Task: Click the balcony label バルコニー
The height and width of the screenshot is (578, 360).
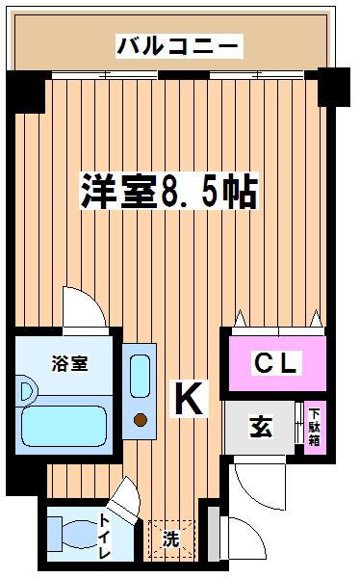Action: pos(179,46)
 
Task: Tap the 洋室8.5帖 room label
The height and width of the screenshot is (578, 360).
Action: pos(169,191)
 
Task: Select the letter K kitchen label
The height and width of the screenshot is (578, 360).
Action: pos(189,399)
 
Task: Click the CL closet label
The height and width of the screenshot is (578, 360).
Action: pos(276,363)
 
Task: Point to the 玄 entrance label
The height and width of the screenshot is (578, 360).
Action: pos(261,427)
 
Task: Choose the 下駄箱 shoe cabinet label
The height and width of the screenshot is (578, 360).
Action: pos(315,427)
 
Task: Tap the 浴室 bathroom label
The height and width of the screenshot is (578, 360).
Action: pos(69,363)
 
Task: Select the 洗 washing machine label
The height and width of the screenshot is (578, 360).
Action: pos(171,539)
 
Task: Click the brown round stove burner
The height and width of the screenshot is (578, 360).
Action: pos(141,419)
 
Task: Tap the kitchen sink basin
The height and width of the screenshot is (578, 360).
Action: pos(140,377)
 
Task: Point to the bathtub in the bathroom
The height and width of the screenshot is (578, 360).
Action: pos(64,426)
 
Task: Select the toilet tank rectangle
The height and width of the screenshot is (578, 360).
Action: pos(55,534)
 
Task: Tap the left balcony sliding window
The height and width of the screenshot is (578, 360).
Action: pos(105,75)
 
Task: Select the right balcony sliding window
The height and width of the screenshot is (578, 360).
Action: pos(257,75)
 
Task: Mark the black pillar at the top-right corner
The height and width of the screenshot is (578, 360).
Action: pos(333,87)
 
